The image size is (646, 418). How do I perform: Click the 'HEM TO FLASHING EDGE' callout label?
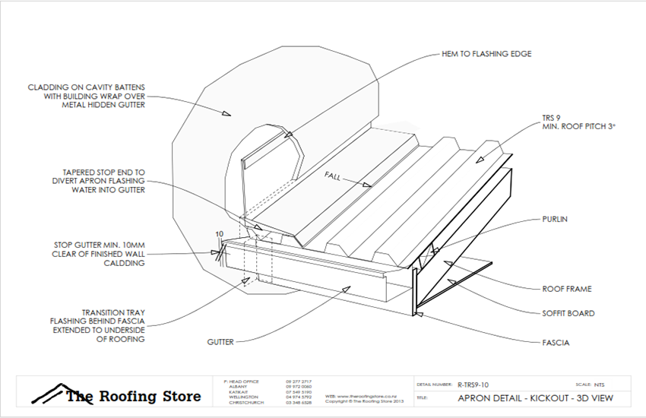tap(486, 54)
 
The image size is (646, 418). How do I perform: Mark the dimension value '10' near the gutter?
tap(219, 234)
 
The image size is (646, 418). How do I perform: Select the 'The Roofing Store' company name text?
tap(134, 396)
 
